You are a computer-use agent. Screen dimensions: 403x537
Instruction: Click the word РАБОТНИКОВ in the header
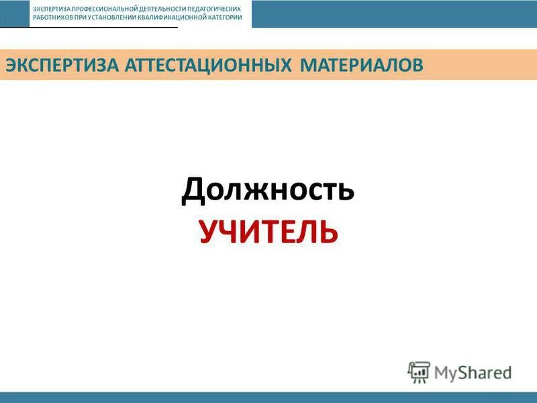(52, 17)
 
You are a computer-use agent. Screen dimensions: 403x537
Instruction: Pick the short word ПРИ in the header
(79, 17)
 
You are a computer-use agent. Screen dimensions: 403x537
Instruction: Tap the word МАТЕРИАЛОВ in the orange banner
(362, 65)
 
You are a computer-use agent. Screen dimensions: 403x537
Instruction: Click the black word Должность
(268, 191)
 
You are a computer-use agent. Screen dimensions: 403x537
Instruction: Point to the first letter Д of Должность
(192, 191)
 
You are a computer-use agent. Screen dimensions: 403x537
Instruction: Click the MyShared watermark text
(473, 372)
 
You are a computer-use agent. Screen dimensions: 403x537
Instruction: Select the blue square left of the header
(14, 13)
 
